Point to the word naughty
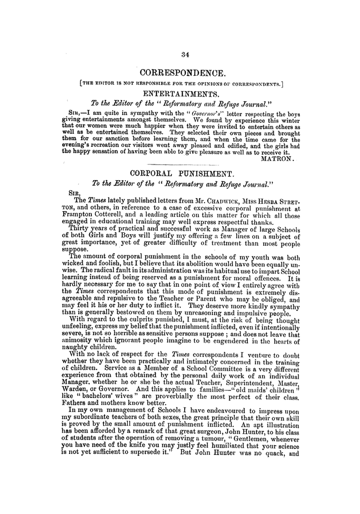click(x=76, y=349)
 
